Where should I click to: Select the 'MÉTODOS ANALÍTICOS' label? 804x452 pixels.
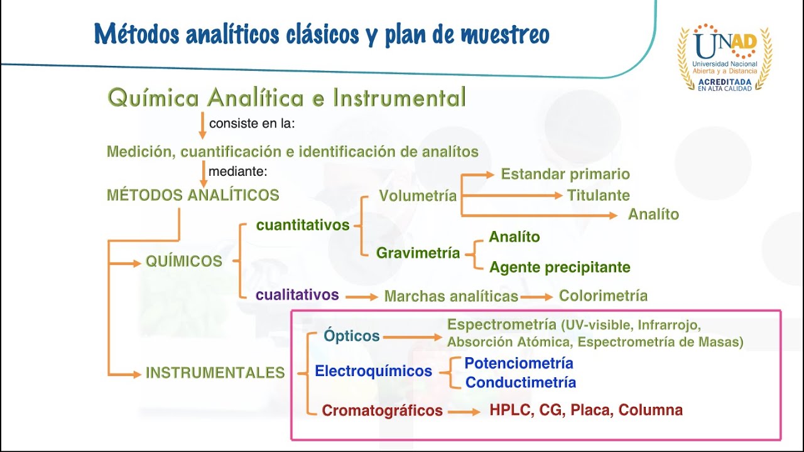[193, 195]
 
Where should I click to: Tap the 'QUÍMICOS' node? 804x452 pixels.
[184, 262]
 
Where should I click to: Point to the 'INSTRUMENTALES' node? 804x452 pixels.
[215, 373]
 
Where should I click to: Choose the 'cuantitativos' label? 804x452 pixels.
[303, 225]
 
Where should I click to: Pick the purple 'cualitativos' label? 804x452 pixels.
[297, 295]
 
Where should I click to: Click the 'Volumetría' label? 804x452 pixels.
[418, 196]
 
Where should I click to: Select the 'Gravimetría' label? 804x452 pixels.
[418, 254]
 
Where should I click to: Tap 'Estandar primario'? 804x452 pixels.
[565, 175]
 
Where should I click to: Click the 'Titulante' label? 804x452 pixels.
[598, 195]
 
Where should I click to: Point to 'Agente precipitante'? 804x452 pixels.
[560, 267]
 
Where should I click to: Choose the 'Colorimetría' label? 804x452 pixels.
[603, 296]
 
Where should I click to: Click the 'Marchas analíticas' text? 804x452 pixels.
[451, 296]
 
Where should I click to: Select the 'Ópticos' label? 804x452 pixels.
[352, 336]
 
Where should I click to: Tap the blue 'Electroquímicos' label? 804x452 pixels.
[373, 371]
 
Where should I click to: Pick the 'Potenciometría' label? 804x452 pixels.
[519, 363]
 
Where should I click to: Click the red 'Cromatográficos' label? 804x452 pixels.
[382, 411]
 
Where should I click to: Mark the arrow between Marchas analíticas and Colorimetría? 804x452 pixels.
[536, 296]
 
